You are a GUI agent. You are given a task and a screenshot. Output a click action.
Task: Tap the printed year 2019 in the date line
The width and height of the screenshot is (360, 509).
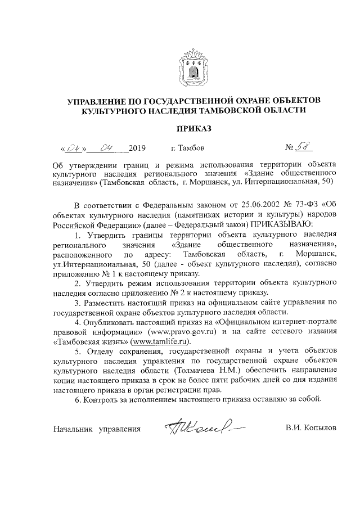pos(137,149)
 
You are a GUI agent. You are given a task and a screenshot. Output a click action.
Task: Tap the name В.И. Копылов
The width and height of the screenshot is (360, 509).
pos(310,429)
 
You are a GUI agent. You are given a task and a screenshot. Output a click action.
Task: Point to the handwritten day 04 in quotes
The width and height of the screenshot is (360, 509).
pos(74,149)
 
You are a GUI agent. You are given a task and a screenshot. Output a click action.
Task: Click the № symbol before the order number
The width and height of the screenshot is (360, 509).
pos(291,149)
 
